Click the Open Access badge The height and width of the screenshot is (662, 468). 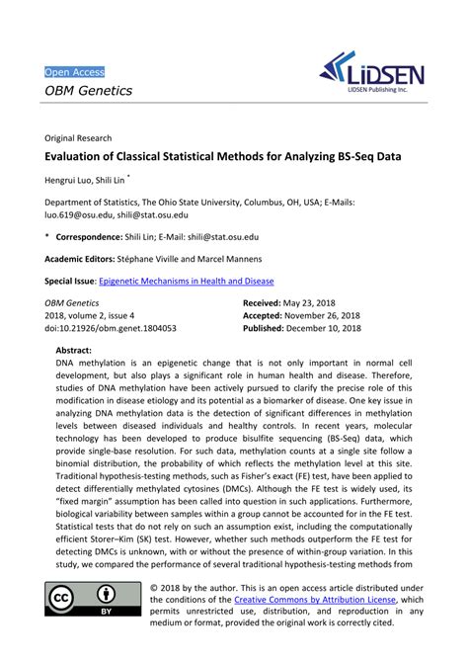pos(74,72)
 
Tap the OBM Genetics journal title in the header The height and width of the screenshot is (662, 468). pos(88,92)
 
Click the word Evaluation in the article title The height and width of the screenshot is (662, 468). pos(79,156)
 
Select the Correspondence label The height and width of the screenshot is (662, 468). pos(95,237)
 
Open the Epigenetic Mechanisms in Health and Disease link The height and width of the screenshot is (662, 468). pos(187,281)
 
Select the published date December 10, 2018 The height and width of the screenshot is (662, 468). pos(339,328)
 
